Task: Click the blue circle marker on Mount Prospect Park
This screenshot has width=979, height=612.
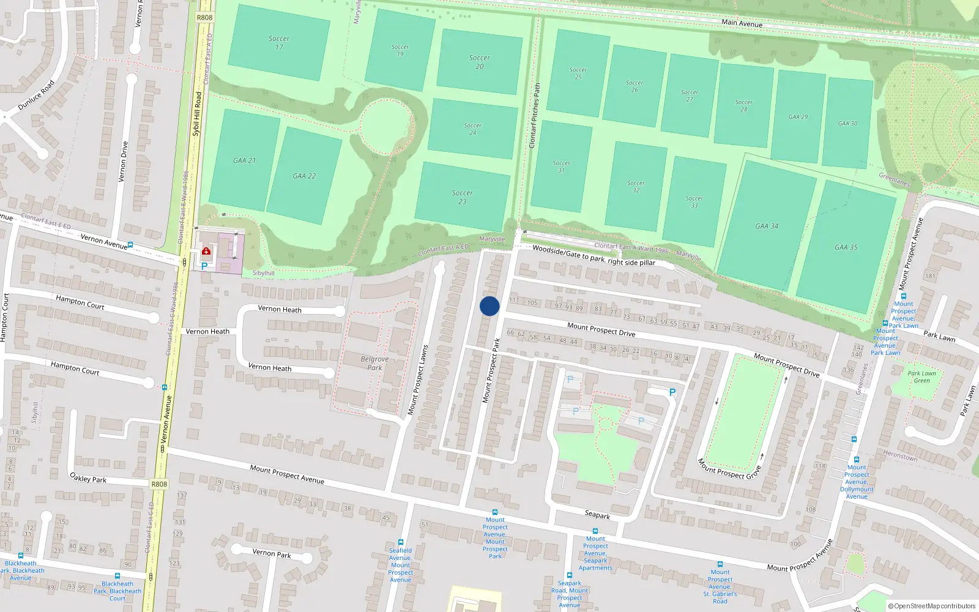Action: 489,306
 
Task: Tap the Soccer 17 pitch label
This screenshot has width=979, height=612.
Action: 278,42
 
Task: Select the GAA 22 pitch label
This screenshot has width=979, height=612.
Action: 304,176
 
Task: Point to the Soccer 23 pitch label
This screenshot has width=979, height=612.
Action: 462,197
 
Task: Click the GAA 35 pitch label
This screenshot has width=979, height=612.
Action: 846,247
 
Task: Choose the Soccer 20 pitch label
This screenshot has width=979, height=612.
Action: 479,62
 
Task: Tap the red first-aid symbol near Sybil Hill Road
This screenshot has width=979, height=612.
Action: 206,251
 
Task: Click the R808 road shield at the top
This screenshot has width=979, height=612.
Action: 204,17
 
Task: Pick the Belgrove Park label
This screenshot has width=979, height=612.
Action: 374,364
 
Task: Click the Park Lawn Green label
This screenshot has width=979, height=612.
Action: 921,377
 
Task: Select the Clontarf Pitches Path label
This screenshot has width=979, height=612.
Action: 535,116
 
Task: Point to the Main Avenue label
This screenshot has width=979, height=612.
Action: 742,23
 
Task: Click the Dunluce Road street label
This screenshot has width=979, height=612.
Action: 36,95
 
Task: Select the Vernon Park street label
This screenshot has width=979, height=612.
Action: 272,553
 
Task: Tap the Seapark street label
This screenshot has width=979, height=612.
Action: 597,515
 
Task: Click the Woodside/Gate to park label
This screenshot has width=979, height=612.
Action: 593,256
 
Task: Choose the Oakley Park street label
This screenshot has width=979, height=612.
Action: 88,478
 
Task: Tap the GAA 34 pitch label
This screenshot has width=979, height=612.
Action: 767,226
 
